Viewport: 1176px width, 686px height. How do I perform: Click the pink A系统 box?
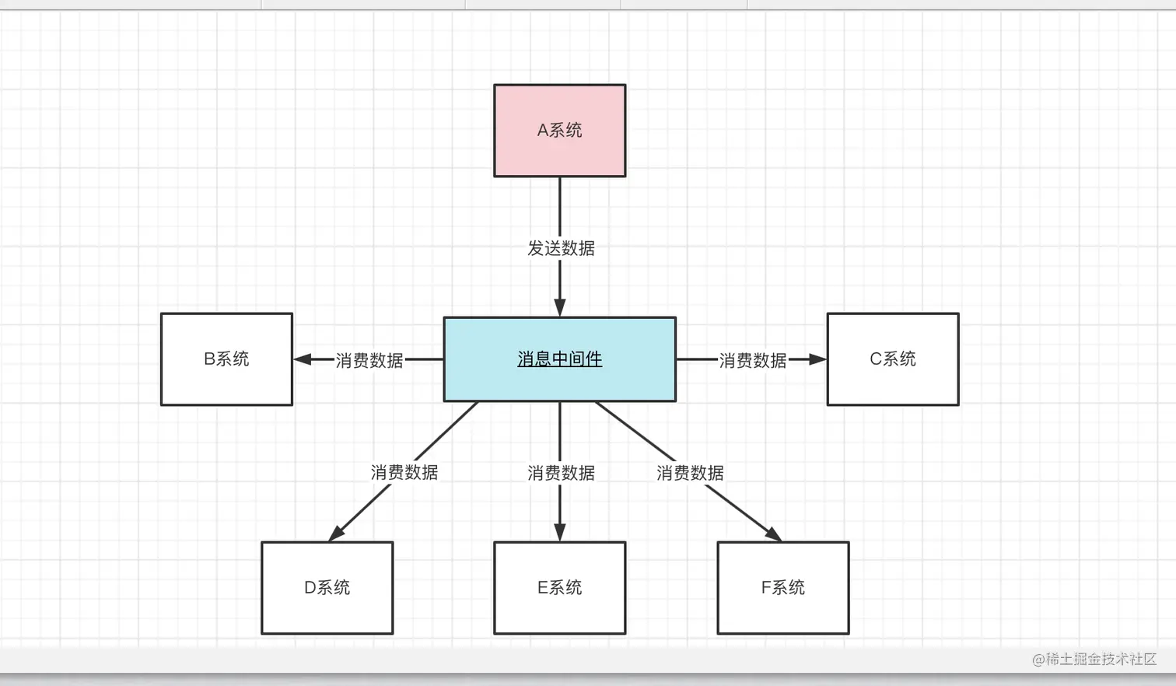click(x=559, y=131)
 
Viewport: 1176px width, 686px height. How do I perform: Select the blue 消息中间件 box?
click(x=559, y=359)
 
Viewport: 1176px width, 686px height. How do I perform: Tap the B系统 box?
click(x=226, y=359)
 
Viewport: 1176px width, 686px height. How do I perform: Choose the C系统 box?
click(x=892, y=359)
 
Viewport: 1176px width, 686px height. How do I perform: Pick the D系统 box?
click(x=327, y=588)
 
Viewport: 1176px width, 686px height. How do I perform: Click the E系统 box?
click(x=559, y=588)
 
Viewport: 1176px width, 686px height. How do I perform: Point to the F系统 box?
click(x=782, y=588)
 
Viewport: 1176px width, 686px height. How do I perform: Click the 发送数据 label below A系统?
click(x=561, y=248)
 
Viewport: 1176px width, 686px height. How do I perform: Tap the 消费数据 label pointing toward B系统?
click(x=369, y=360)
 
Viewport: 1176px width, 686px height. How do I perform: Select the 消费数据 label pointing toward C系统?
click(x=752, y=360)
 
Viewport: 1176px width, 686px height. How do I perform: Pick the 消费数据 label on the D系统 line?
click(x=404, y=472)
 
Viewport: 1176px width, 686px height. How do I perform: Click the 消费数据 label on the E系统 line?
click(x=561, y=472)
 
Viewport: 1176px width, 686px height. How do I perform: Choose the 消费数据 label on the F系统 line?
click(x=690, y=472)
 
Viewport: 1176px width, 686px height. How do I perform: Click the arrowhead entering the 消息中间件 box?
click(x=559, y=307)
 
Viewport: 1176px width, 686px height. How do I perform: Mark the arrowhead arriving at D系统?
click(x=337, y=533)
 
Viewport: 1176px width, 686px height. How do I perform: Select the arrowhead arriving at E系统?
click(x=559, y=532)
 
